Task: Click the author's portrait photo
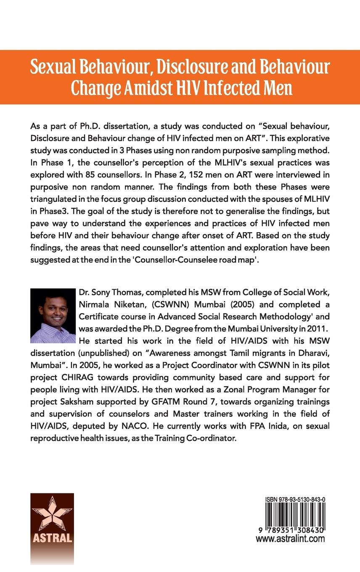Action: coord(53,315)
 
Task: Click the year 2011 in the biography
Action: coord(315,327)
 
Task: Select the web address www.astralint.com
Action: coord(290,539)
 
